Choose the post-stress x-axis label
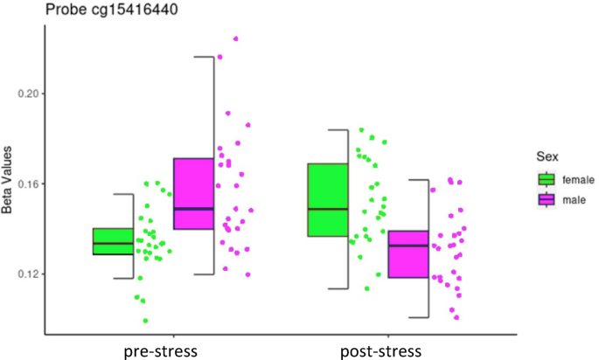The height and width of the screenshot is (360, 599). pyautogui.click(x=380, y=350)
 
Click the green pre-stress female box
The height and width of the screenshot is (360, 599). pyautogui.click(x=113, y=241)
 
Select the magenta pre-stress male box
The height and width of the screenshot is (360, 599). pyautogui.click(x=193, y=193)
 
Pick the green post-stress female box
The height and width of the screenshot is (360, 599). pyautogui.click(x=327, y=199)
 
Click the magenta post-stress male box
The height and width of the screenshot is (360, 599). pyautogui.click(x=408, y=254)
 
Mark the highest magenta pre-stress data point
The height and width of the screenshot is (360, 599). pyautogui.click(x=235, y=38)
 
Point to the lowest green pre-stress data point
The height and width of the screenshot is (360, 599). pyautogui.click(x=145, y=321)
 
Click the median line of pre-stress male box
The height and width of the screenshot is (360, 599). pyautogui.click(x=193, y=209)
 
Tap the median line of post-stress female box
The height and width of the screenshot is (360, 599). pyautogui.click(x=327, y=209)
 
